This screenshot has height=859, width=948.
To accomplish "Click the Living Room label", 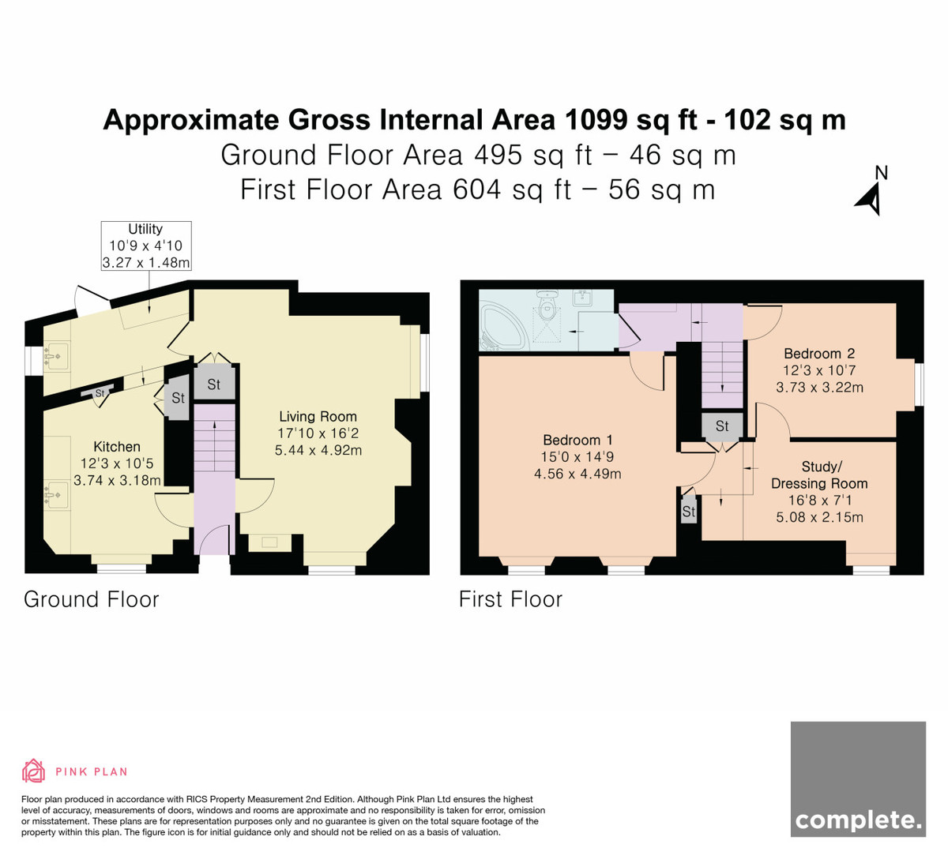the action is click(318, 417).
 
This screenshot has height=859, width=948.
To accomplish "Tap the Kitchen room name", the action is click(117, 447).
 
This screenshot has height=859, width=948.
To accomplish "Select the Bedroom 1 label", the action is click(577, 441).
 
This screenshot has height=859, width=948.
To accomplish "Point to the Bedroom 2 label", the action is click(819, 354).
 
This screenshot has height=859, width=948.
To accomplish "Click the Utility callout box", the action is click(146, 246).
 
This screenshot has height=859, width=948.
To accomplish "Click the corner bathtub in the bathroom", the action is click(502, 327).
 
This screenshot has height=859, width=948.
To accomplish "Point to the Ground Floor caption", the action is click(91, 599).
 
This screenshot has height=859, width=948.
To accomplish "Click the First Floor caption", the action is click(510, 599).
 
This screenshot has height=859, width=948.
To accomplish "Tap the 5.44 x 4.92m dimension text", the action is click(318, 450).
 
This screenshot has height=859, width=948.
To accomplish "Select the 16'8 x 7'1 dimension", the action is click(819, 501).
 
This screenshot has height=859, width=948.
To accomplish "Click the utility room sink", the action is click(56, 355).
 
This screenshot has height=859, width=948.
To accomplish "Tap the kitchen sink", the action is click(57, 495).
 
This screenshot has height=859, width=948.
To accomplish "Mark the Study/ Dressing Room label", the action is click(819, 475).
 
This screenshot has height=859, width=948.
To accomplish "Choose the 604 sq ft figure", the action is click(512, 190).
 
